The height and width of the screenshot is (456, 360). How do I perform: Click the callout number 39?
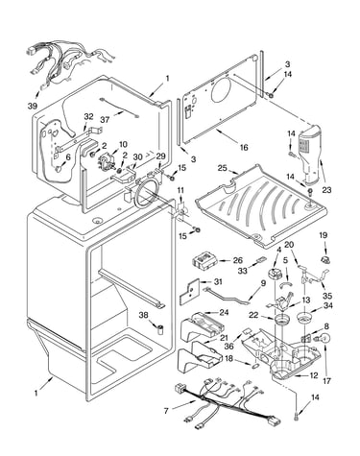pyautogui.click(x=33, y=106)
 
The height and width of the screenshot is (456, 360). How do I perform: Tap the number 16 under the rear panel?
pyautogui.click(x=244, y=147)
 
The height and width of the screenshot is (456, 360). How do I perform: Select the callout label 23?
pyautogui.click(x=326, y=190)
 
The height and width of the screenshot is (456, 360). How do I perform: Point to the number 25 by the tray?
pyautogui.click(x=223, y=168)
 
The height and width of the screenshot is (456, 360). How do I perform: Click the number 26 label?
pyautogui.click(x=238, y=260)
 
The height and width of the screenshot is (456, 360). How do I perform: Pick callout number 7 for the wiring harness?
pyautogui.click(x=166, y=411)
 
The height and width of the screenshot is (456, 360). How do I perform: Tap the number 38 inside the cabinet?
pyautogui.click(x=143, y=315)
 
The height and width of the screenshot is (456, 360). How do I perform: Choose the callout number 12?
pyautogui.click(x=314, y=375)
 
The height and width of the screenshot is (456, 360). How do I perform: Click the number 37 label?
pyautogui.click(x=105, y=120)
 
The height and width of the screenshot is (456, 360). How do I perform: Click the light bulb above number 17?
pyautogui.click(x=324, y=339)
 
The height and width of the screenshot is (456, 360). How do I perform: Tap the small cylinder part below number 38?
pyautogui.click(x=160, y=329)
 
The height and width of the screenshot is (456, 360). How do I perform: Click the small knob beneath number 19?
pyautogui.click(x=324, y=259)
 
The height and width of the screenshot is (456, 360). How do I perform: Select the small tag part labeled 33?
pyautogui.click(x=260, y=260)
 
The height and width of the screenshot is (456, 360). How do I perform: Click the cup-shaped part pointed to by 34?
pyautogui.click(x=303, y=318)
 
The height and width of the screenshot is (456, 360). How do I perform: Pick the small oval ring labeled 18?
pyautogui.click(x=255, y=365)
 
